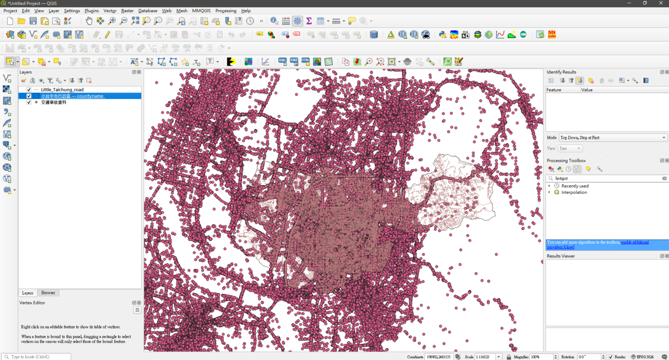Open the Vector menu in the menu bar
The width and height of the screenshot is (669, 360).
click(x=110, y=11)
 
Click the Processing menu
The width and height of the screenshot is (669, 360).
click(x=226, y=11)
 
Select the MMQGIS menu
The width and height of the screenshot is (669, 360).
click(x=201, y=11)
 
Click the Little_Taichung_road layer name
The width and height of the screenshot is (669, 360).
click(x=62, y=90)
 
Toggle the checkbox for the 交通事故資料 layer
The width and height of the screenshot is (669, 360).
click(x=29, y=102)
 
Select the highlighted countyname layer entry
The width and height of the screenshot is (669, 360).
click(x=72, y=96)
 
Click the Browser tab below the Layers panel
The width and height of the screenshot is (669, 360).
click(x=48, y=293)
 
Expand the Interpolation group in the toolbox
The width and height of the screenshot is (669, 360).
click(x=550, y=192)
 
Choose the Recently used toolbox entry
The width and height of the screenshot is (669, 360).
click(x=574, y=186)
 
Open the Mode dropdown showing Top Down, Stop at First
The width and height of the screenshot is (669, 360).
click(x=612, y=138)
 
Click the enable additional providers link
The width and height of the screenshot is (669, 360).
click(x=634, y=242)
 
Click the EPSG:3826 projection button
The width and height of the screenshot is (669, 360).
click(x=642, y=357)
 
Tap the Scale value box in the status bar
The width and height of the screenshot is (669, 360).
click(x=485, y=357)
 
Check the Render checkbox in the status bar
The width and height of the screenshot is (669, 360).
click(x=611, y=357)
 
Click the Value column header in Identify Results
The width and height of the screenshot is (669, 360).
click(x=587, y=90)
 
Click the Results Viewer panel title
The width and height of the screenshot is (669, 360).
click(x=561, y=256)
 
